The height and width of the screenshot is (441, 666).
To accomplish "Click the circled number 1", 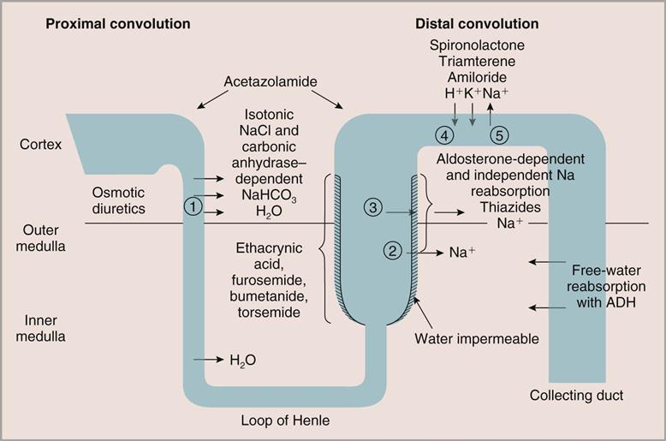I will (x=195, y=206).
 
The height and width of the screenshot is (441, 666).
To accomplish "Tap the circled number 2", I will (x=393, y=251).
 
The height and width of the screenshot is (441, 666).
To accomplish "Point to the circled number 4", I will (x=443, y=134).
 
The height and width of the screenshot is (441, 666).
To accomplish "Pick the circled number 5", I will (x=499, y=134).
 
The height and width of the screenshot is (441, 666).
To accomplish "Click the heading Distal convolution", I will (x=477, y=23).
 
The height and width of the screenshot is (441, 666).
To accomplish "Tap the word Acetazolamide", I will (x=270, y=82).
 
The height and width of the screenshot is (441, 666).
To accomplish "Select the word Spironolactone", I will (x=477, y=44).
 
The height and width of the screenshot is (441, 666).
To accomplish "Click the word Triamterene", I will (x=477, y=60).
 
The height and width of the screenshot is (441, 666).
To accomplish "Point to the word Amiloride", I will (x=476, y=76).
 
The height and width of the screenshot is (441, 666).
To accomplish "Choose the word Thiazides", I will (x=510, y=206).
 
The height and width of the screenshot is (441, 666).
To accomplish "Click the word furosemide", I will (x=270, y=280).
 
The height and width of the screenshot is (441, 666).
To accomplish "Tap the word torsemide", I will (x=270, y=313).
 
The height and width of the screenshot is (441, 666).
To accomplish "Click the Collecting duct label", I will (x=576, y=395).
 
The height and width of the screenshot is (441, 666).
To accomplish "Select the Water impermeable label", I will (x=477, y=338).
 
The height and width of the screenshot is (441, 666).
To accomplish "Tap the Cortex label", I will (x=41, y=144).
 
